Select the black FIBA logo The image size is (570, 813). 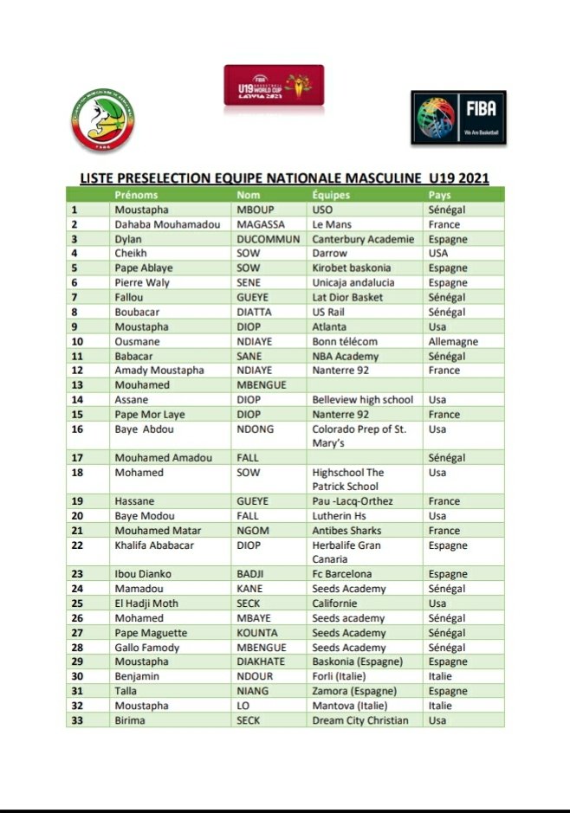point(458,117)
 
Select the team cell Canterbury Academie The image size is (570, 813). point(363,239)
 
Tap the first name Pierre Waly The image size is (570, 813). point(143,282)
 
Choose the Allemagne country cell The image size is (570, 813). point(453,341)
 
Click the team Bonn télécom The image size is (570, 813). point(345,341)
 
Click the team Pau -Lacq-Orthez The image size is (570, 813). point(353,501)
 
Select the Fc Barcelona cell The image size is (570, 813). point(342,574)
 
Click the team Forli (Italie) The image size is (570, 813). point(339,676)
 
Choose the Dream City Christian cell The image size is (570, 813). point(360,720)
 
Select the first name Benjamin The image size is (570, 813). point(139,676)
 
